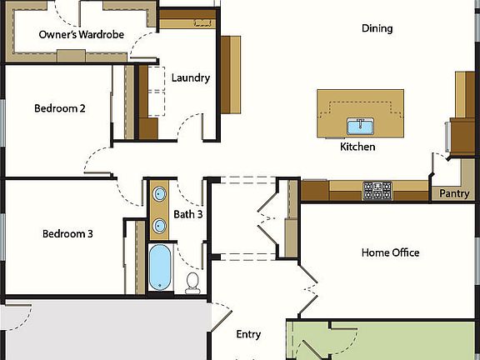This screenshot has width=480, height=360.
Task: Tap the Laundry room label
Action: (190, 78)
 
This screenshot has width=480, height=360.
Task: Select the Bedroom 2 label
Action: (59, 108)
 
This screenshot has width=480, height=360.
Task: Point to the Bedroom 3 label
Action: (67, 234)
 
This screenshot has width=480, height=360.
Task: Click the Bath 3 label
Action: (187, 215)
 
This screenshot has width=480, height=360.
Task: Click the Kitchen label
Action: (357, 147)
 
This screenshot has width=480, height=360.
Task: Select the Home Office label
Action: (390, 252)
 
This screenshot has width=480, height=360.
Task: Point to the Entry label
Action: (248, 334)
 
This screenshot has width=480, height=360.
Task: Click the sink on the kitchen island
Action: (360, 127)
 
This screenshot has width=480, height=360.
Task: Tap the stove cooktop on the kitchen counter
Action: (377, 191)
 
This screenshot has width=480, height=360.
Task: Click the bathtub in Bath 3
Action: (158, 267)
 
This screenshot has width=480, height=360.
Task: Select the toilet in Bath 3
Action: (193, 282)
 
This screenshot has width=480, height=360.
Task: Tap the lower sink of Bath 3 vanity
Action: (159, 224)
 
